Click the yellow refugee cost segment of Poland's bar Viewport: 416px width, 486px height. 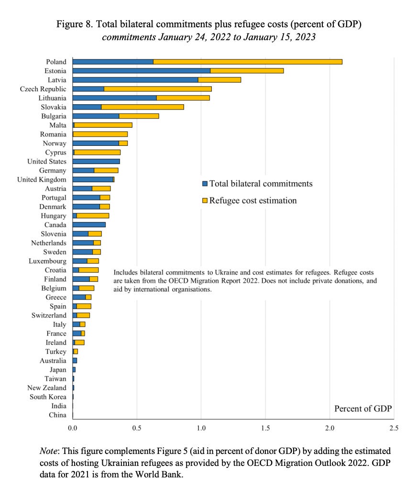(x=248, y=62)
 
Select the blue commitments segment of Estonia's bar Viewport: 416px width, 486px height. (x=141, y=71)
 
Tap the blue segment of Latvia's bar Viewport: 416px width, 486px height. (x=135, y=80)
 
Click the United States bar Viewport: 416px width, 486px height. (x=96, y=161)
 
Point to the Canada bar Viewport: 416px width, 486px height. (x=89, y=224)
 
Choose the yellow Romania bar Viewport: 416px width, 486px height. (x=100, y=134)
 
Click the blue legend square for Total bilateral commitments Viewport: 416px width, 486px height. (x=205, y=184)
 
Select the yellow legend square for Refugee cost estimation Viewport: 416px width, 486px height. (x=205, y=200)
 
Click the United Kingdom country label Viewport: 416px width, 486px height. (x=42, y=179)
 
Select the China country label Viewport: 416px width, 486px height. (x=57, y=415)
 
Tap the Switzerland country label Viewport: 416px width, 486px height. (x=49, y=315)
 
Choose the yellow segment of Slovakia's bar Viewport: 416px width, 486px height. (x=142, y=107)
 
